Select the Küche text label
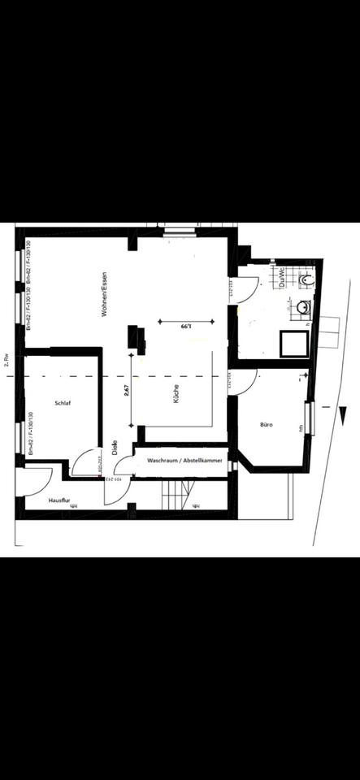(176, 395)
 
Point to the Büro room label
(266, 425)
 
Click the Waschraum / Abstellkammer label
(184, 460)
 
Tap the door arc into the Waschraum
(124, 466)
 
